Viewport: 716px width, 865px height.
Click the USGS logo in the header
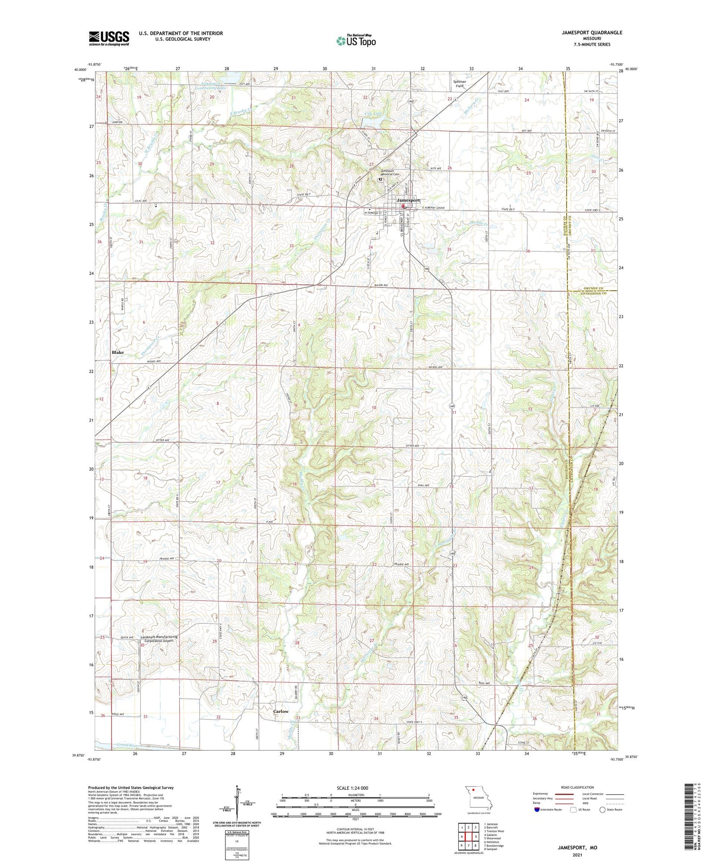point(109,38)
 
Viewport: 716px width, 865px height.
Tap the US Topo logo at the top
point(356,41)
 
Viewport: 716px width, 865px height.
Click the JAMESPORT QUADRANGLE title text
point(592,33)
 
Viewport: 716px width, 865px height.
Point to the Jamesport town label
point(408,200)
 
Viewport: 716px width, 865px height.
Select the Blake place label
point(117,352)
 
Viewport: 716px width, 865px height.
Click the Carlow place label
point(280,711)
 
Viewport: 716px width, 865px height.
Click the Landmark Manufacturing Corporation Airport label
point(159,639)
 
